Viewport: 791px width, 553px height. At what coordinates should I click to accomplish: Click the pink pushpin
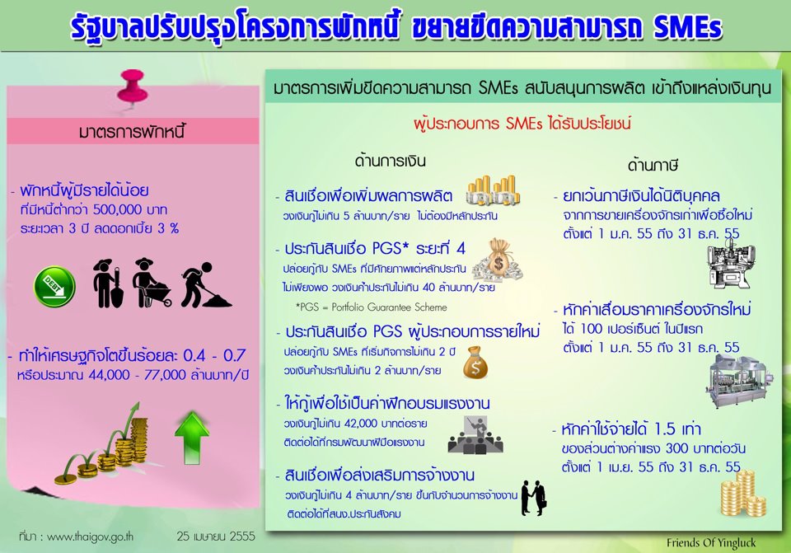[x=132, y=87]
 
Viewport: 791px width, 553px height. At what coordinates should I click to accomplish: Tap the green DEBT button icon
[x=54, y=287]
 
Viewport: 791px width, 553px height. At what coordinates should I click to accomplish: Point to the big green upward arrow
[x=192, y=438]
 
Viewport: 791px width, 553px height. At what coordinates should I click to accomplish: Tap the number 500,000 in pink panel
[x=116, y=210]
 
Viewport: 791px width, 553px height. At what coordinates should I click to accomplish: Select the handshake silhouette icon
[x=534, y=498]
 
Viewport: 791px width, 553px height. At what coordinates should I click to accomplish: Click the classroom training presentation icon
[x=475, y=434]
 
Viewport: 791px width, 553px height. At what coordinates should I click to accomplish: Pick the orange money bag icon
[x=475, y=363]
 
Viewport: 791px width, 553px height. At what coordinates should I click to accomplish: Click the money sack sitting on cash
[x=498, y=261]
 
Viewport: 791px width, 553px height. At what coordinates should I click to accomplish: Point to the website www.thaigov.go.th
[x=90, y=537]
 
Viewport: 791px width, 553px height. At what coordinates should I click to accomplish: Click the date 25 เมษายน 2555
[x=216, y=536]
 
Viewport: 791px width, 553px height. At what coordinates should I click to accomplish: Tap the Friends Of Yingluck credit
[x=711, y=543]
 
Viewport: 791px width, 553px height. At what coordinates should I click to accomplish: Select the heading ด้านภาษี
[x=653, y=165]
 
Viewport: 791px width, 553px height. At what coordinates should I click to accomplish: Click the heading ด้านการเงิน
[x=390, y=161]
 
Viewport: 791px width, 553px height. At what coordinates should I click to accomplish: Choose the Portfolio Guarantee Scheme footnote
[x=372, y=307]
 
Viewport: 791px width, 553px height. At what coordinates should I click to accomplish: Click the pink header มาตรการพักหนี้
[x=132, y=132]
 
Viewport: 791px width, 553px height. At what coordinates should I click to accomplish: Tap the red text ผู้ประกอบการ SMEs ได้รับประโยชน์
[x=522, y=123]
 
